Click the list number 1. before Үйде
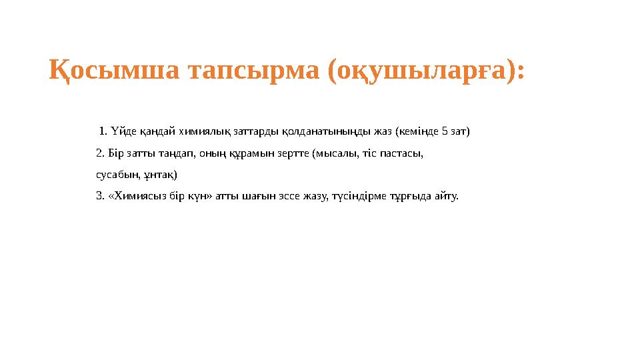[103, 131]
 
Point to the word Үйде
[121, 131]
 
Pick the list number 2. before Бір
[100, 153]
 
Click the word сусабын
[117, 175]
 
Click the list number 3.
[100, 197]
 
